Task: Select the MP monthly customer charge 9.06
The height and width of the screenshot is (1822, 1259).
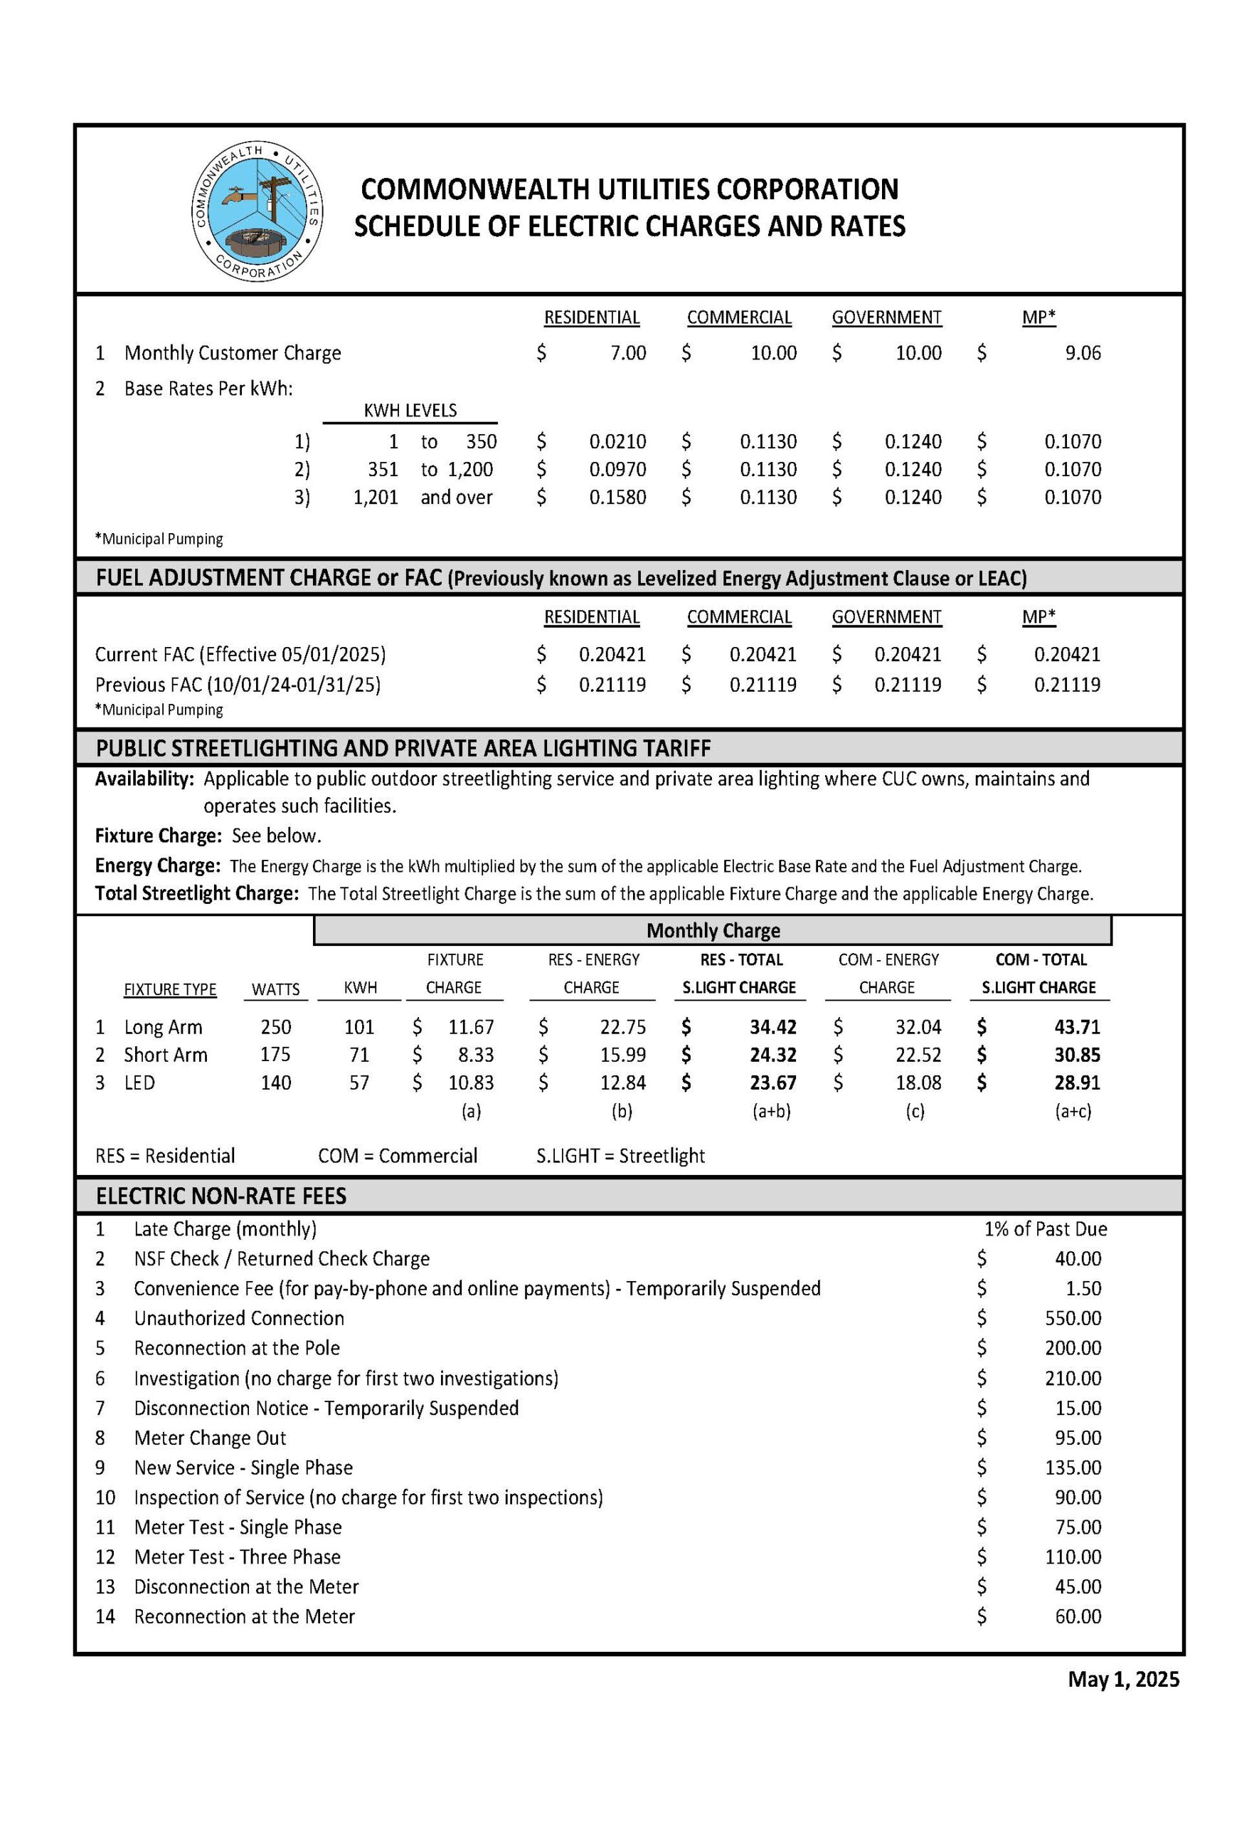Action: click(x=1083, y=353)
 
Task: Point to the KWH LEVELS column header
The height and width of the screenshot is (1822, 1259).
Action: click(x=410, y=411)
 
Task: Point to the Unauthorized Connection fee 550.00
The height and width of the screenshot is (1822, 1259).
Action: click(x=1073, y=1318)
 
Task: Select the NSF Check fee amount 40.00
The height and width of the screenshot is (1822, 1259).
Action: click(x=1078, y=1258)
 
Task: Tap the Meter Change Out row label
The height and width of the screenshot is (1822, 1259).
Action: click(x=210, y=1438)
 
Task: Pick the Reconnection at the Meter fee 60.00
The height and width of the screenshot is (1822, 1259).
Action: click(x=1078, y=1616)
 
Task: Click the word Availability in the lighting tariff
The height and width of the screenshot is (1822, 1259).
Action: click(x=144, y=779)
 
